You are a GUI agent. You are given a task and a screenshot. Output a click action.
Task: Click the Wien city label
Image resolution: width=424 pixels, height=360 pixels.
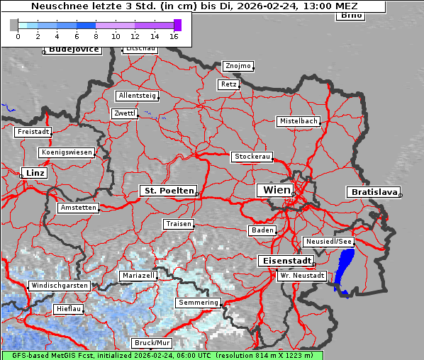pos(276,190)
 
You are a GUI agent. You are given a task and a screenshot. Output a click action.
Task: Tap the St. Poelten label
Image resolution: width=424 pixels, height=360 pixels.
pos(167,191)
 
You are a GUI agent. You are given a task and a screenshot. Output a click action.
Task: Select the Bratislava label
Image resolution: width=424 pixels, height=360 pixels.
pos(372,192)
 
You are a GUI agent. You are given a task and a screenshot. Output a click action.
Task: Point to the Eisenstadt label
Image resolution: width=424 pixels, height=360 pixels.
pos(284,261)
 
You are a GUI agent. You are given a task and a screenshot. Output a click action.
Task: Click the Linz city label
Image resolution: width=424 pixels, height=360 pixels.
pos(33,173)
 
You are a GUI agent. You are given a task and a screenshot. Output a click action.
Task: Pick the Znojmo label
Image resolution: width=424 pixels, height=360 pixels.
pos(238,66)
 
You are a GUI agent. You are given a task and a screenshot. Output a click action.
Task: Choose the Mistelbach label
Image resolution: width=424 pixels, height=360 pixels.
pos(298,121)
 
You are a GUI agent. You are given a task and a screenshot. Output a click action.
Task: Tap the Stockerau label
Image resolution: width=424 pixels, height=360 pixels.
pos(252,157)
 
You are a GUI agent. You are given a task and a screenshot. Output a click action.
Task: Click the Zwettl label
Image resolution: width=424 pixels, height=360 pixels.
pos(124,113)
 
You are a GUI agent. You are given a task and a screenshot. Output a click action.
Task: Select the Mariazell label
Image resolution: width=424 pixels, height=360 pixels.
pos(138,275)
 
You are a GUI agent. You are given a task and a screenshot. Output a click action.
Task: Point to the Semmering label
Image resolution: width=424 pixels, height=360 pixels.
pos(199,303)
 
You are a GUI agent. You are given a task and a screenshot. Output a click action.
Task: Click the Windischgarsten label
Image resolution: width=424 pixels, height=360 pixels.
pos(60,286)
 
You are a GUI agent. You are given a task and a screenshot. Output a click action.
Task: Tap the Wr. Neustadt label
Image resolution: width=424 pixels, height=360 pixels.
pos(302,275)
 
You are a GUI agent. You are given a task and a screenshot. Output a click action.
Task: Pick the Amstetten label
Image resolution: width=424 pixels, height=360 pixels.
pos(78,208)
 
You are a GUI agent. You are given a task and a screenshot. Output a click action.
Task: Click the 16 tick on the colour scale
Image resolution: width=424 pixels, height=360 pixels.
pos(174,35)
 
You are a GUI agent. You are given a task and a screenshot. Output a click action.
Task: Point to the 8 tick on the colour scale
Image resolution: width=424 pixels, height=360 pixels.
pos(96,35)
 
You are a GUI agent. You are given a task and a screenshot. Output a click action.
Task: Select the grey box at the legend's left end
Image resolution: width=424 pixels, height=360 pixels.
pos(14,25)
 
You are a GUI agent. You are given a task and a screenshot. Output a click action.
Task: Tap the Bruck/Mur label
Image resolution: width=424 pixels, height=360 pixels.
pos(152,343)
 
